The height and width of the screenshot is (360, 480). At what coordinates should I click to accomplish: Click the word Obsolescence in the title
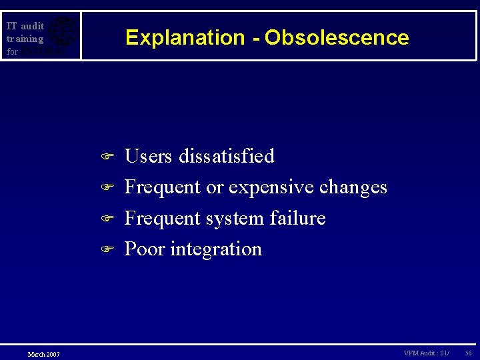click(337, 38)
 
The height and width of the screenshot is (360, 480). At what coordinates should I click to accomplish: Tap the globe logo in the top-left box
click(63, 35)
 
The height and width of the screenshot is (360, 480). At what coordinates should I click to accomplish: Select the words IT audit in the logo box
click(25, 26)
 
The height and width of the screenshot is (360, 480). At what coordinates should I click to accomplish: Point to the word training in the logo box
click(25, 39)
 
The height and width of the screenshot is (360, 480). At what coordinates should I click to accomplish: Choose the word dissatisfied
click(228, 156)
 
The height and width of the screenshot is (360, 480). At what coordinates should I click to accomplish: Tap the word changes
click(353, 187)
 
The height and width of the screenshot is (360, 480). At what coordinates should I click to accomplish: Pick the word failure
click(300, 218)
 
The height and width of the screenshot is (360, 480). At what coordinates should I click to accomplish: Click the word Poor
click(145, 249)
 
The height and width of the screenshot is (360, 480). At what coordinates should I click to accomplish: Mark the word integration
click(216, 250)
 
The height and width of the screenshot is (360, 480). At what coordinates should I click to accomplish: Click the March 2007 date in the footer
click(43, 354)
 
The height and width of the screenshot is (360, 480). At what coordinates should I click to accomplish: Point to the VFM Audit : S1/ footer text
click(426, 353)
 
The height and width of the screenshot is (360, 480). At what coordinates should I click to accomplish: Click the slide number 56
click(467, 353)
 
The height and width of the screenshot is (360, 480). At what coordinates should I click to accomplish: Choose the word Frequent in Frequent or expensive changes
click(163, 188)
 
